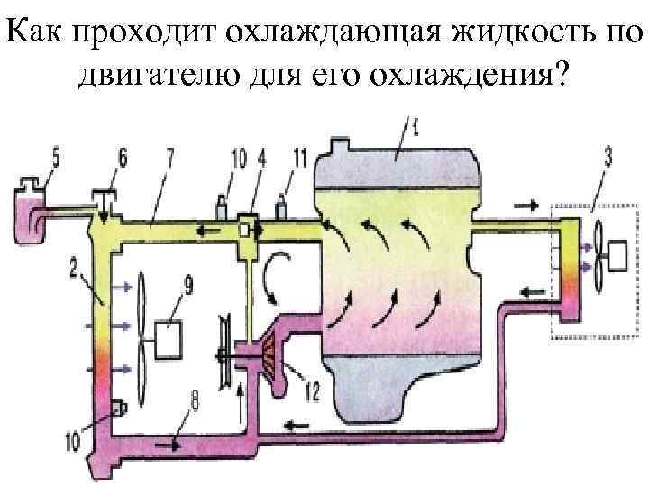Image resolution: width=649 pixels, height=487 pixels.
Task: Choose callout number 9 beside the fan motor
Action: point(188,287)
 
